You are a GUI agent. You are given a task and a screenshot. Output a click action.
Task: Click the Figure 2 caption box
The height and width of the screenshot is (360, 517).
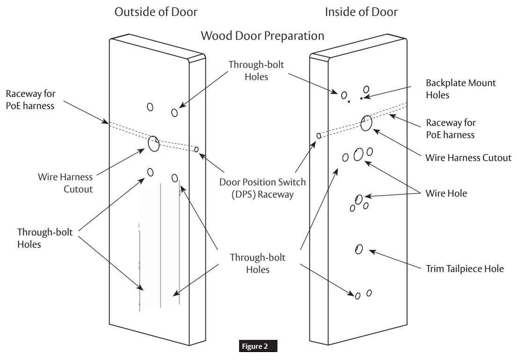point(258,346)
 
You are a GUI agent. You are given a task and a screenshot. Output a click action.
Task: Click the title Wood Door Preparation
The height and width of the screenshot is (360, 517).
point(262,36)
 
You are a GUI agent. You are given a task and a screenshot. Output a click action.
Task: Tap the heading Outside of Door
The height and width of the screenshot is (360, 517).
point(156,12)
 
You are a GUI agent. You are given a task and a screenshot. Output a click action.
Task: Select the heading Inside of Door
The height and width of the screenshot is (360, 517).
point(361,12)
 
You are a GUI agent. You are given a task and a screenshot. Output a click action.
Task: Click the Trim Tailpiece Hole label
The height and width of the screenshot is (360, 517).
point(465,269)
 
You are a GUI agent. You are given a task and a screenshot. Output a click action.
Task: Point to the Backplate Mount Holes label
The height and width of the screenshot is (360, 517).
point(460,89)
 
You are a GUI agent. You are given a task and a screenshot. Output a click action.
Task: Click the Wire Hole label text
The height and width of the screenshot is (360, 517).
point(446,193)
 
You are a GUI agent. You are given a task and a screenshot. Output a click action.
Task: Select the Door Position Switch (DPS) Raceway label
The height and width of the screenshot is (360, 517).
point(262,188)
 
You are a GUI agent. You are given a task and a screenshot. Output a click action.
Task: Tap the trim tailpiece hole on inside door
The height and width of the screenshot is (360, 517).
point(359,249)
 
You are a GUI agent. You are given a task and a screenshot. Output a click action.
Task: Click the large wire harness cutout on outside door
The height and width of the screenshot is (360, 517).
point(153,144)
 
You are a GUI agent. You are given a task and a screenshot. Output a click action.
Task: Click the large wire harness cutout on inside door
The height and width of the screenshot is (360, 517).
point(366,123)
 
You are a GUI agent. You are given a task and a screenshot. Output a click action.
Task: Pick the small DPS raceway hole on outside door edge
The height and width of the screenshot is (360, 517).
point(197,149)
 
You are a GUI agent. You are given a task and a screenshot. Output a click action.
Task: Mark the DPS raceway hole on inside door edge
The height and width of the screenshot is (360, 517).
point(319,136)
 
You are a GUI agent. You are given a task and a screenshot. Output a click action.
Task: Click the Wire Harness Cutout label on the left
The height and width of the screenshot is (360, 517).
point(66,183)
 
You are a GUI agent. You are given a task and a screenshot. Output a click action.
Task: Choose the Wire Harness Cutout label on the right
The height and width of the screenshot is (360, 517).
point(468,157)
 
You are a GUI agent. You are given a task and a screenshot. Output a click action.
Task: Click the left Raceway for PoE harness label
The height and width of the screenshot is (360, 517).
point(31,100)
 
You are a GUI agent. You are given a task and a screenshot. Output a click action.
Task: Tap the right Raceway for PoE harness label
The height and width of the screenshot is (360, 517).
point(451,129)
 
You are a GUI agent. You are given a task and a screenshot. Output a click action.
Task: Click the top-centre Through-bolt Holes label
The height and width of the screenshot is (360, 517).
point(256,71)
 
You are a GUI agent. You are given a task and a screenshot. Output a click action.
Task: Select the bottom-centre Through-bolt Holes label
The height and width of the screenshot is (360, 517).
point(257,263)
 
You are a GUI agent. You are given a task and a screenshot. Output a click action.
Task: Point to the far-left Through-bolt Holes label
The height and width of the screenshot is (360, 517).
point(45,238)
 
